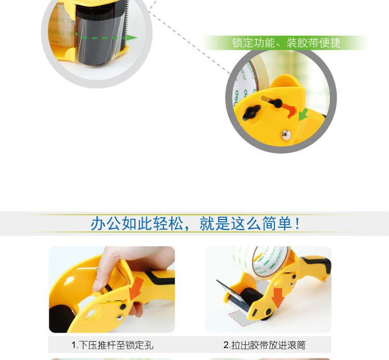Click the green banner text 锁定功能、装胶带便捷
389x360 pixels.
click(x=286, y=43)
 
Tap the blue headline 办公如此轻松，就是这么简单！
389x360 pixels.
click(x=195, y=224)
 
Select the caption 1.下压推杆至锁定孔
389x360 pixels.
click(x=113, y=345)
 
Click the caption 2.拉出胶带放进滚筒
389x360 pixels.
click(x=265, y=345)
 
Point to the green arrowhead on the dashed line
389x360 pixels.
click(x=131, y=38)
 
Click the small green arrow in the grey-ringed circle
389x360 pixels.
click(x=303, y=114)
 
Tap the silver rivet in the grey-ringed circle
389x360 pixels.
click(x=286, y=135)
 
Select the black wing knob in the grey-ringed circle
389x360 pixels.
click(x=251, y=112)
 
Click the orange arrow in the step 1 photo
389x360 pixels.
click(x=137, y=288)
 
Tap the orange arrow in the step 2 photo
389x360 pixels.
click(x=277, y=298)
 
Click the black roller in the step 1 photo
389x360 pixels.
click(x=61, y=319)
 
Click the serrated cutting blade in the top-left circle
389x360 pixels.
click(x=127, y=24)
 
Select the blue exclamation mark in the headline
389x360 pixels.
click(x=297, y=224)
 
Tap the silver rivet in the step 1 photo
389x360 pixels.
click(x=120, y=317)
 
